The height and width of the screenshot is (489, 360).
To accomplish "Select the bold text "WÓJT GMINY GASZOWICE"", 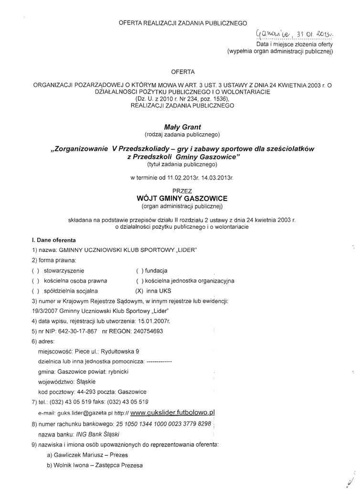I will point(182,198).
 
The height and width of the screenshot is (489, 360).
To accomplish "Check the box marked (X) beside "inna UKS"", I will point(139,290).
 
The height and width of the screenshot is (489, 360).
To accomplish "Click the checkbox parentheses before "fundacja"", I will point(139,270).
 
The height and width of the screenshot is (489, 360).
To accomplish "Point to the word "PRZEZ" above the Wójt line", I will point(182,190).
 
